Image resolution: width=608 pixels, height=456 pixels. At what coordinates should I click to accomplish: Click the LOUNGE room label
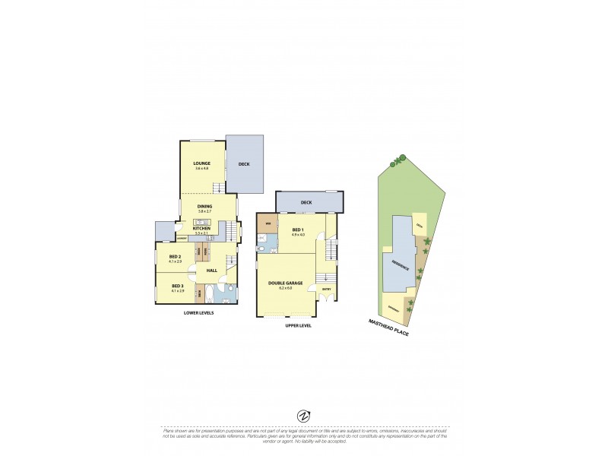point(201,163)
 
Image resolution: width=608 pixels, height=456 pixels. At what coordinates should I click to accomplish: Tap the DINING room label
point(204,206)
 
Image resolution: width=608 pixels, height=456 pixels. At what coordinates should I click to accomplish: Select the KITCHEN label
point(201,228)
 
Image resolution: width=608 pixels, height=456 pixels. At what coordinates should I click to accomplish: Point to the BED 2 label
point(175,257)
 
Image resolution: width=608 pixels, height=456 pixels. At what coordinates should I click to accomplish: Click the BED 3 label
point(177,286)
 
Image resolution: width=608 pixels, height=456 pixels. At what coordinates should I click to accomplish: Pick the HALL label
point(212,270)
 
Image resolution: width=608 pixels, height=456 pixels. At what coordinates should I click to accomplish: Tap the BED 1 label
point(297,230)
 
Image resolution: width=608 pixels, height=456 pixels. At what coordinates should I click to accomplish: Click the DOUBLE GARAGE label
point(286,283)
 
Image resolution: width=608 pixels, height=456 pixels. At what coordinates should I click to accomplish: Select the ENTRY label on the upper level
point(327,289)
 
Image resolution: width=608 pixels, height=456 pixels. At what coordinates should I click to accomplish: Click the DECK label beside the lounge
point(244,164)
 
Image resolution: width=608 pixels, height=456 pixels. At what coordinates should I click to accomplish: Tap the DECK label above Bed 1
point(306,202)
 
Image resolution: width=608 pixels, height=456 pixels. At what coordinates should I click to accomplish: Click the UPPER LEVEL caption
point(298,325)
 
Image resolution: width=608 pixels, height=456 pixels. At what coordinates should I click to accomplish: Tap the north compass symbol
point(303,416)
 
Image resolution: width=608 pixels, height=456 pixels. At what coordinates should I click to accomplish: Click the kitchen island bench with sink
point(201,221)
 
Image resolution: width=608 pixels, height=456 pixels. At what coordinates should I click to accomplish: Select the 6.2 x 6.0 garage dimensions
point(286,288)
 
